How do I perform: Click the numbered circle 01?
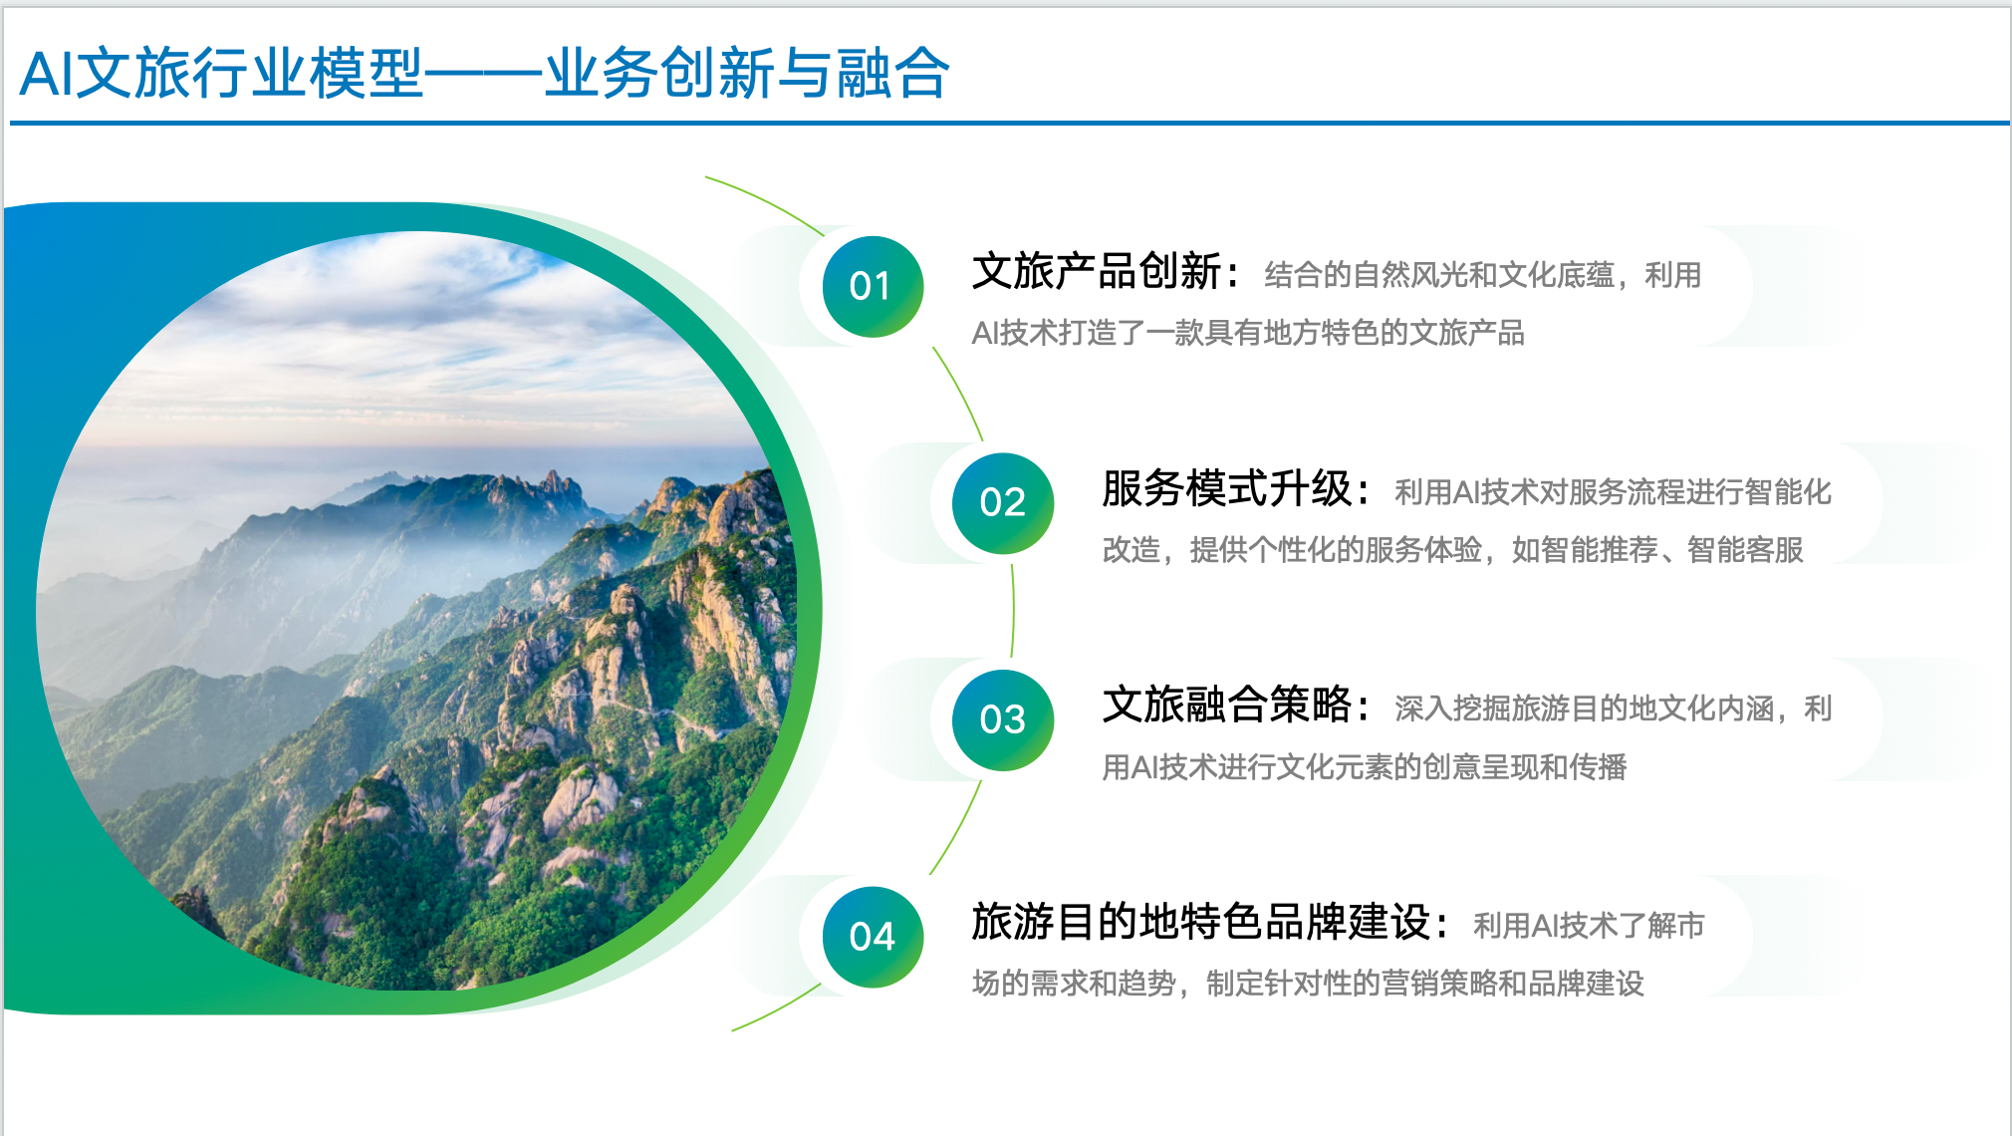pos(873,287)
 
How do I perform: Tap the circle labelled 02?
pos(1003,503)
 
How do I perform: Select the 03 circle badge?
pos(1003,720)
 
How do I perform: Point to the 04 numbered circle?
pos(873,938)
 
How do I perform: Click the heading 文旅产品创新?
pos(1097,271)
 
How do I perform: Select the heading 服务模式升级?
pos(1227,488)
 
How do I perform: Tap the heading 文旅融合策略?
pos(1227,705)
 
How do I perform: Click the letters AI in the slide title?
pos(46,74)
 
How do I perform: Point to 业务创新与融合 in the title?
pos(746,74)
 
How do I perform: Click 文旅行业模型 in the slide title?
pos(249,74)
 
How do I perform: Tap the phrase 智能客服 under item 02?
pos(1745,550)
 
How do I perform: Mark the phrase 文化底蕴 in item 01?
pos(1556,275)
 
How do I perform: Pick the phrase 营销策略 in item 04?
pos(1439,984)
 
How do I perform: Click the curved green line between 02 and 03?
pos(1013,610)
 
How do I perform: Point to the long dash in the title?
pos(484,75)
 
